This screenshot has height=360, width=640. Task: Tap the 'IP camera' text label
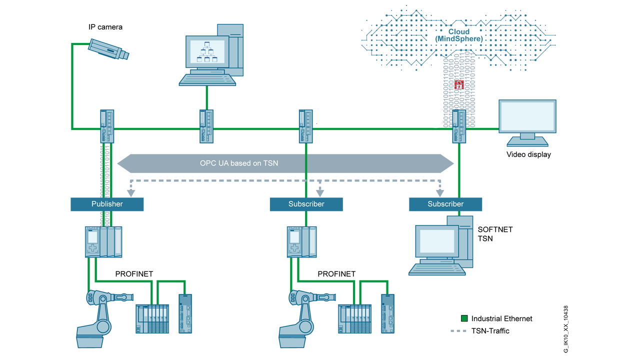105,26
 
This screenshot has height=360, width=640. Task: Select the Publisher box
107,204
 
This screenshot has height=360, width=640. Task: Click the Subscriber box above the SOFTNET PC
445,204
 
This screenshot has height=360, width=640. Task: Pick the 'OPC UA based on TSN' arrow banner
285,163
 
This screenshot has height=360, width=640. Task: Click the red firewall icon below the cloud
459,84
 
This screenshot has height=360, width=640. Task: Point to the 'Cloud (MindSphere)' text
458,35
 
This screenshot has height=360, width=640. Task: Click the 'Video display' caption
528,154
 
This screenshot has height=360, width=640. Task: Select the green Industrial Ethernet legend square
464,318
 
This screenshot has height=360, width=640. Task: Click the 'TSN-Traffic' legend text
490,331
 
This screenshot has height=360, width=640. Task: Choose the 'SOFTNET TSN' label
495,234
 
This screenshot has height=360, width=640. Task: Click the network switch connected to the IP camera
107,126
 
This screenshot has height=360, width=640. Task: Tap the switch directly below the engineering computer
206,126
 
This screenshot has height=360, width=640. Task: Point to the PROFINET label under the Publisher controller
134,274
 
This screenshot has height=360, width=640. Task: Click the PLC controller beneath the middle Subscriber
301,242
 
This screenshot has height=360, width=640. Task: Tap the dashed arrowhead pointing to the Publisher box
131,192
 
